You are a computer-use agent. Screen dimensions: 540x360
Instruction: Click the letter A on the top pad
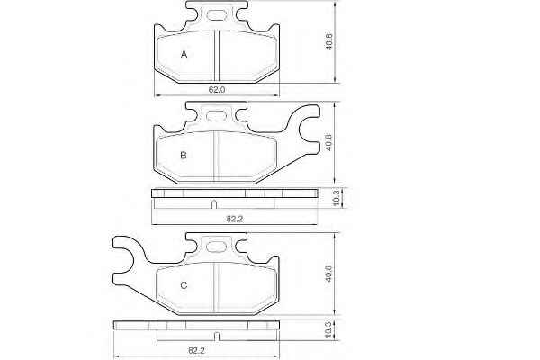click(184, 54)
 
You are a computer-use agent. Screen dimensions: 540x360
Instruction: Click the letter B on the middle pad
click(184, 156)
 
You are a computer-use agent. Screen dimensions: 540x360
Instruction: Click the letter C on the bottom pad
click(184, 285)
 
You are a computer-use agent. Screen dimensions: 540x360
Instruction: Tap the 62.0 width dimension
click(217, 90)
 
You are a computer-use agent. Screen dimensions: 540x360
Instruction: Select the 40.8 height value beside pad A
click(328, 41)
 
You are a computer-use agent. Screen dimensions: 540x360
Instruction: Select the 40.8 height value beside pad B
click(328, 142)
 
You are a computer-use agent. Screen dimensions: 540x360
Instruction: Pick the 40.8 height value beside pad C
click(328, 274)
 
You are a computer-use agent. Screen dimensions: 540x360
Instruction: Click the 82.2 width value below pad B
click(235, 219)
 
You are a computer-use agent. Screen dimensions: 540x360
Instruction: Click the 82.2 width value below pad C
click(196, 350)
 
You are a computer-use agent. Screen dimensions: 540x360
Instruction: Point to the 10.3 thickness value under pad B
click(337, 198)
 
